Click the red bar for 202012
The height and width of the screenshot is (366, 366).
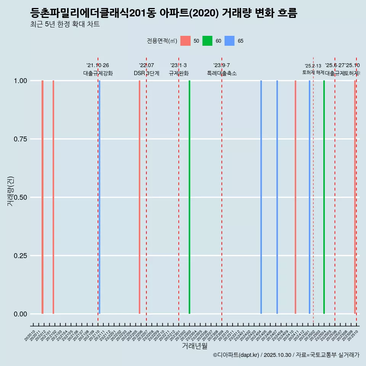click(42, 197)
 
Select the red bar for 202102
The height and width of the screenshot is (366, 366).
click(53, 197)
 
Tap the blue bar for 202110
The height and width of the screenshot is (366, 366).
click(100, 197)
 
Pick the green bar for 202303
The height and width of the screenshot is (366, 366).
click(189, 197)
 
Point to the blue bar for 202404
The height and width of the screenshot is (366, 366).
click(261, 197)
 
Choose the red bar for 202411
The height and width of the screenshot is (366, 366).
click(295, 197)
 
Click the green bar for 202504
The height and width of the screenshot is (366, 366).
click(324, 197)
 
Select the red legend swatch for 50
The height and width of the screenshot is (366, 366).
click(185, 41)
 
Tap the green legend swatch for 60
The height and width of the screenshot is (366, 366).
click(207, 41)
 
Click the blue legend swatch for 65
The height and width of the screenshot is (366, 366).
click(230, 41)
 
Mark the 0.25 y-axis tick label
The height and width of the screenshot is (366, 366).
click(20, 256)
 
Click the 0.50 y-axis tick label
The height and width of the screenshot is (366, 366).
click(20, 197)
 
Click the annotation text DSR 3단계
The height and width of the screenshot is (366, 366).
click(146, 73)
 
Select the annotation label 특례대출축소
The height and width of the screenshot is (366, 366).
click(222, 73)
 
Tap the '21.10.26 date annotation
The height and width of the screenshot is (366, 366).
click(98, 66)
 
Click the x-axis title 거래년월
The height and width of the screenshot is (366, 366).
click(194, 346)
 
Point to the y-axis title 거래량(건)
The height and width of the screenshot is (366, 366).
click(11, 191)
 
